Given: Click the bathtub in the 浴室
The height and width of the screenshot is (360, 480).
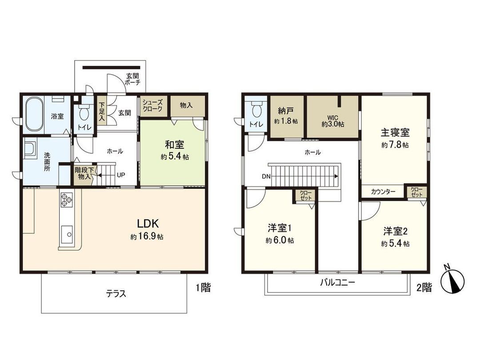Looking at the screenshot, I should coord(33,115).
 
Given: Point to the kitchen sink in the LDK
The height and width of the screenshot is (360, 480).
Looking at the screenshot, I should coord(67,232).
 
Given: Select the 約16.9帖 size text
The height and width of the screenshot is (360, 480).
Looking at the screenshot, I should coord(147,237).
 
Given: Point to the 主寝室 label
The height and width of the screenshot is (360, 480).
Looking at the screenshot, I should coord(395,132).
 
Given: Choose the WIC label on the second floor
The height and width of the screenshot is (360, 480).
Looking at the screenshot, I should coord(333,117).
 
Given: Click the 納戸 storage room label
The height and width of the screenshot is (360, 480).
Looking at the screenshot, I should coord(286,112).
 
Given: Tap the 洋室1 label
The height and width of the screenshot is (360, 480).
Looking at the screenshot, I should coord(279,228).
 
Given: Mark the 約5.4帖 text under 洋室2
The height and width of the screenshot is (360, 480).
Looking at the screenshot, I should coord(395,244).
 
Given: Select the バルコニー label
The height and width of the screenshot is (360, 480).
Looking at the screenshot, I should coord(338,283).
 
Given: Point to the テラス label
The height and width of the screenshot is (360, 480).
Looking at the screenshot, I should coord(116,293).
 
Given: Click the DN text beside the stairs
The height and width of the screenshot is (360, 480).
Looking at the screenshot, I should coord(266,176).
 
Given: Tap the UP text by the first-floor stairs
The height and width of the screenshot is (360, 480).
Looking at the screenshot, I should coord(120,175).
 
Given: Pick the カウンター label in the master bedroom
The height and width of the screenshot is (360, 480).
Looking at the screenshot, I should coord(384,192).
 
